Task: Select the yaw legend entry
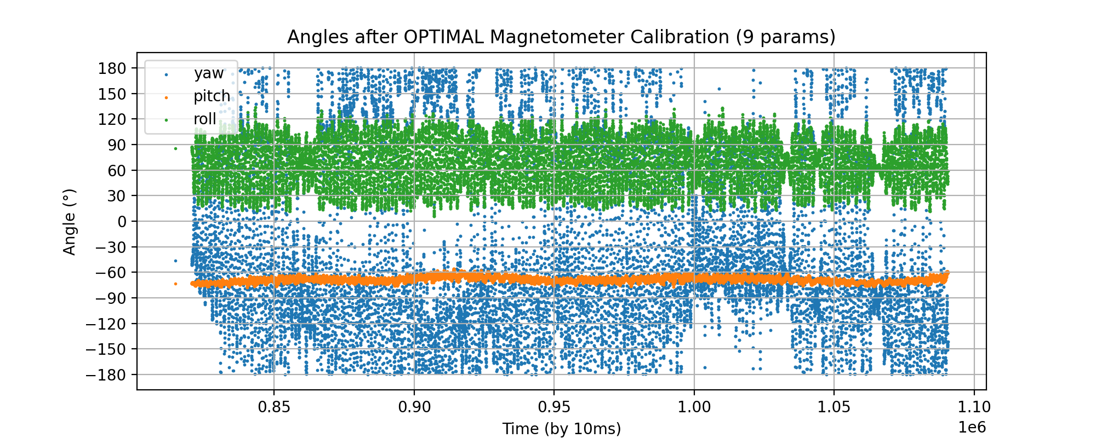tap(208, 73)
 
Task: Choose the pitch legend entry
tap(212, 96)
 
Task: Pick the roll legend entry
tap(204, 119)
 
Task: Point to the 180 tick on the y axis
tap(112, 68)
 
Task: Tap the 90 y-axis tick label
tap(116, 145)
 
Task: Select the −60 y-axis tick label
tap(111, 273)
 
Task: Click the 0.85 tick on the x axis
tap(274, 408)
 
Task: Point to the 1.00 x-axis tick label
tap(694, 408)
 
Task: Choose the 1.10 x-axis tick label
tap(974, 408)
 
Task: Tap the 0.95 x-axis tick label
tap(553, 408)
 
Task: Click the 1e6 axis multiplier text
tap(972, 427)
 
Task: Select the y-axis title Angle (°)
tap(70, 222)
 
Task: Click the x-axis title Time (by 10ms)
tap(562, 429)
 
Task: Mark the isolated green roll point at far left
tap(175, 148)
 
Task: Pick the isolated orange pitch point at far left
tap(175, 284)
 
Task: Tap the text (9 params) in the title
tap(785, 37)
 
